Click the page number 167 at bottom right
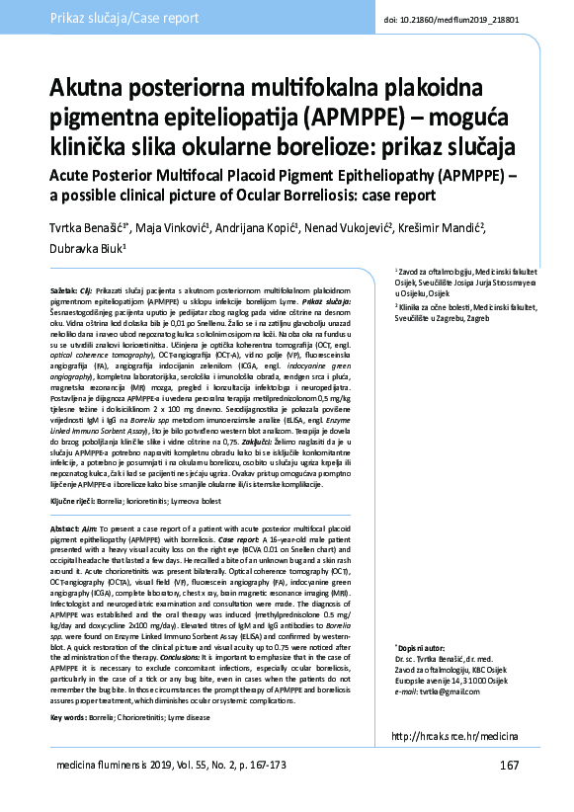point(508,766)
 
